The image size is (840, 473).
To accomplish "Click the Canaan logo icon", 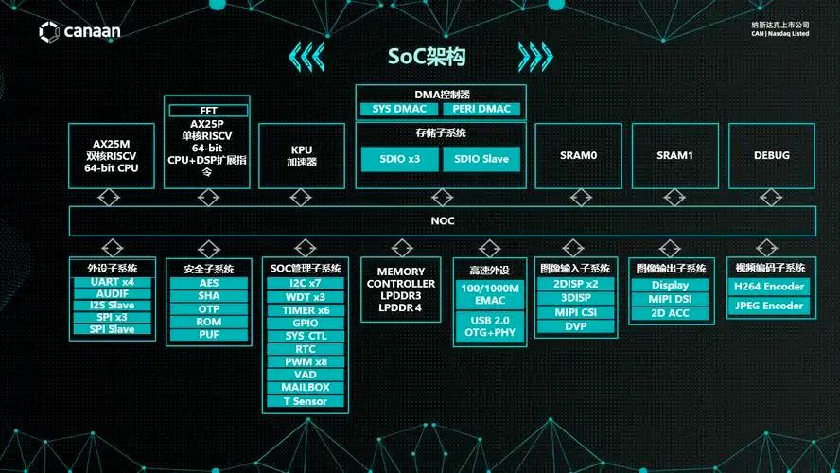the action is coord(49,32).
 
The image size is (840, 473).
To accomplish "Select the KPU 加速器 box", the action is coord(302,155).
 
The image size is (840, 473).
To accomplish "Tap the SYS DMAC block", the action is coord(395,109).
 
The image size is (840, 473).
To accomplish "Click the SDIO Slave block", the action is coord(481,158).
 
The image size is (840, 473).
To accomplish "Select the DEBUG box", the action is coord(772,155).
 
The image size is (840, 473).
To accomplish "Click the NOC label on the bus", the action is coord(443,220).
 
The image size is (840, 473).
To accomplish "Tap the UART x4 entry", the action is coord(113,282).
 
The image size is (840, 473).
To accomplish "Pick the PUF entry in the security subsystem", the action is coord(209,335).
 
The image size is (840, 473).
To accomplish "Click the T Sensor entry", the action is coord(305,401).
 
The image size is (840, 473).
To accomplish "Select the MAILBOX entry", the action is coord(305,388).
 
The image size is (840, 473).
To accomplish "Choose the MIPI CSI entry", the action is coord(576,312).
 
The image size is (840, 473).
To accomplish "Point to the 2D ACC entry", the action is coord(670,312).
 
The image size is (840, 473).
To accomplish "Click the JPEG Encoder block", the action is coord(769,306).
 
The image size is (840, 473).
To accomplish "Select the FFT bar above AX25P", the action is coord(208,111).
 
